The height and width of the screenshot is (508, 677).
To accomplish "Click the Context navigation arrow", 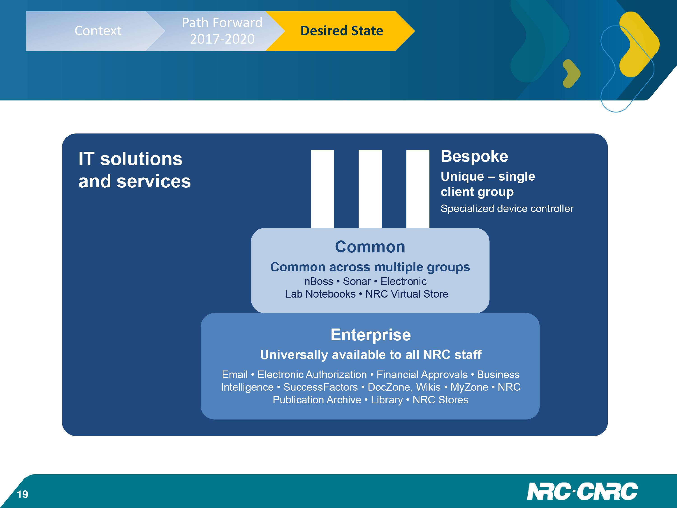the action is (x=95, y=31).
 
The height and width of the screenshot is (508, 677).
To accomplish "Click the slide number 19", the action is (x=23, y=494).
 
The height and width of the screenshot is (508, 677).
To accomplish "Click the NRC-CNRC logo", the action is (x=582, y=492).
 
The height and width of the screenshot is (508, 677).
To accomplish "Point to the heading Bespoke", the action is (x=474, y=156).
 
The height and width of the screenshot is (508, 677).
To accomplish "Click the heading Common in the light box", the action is (x=370, y=247).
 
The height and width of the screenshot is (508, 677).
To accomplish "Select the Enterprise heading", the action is (x=371, y=335).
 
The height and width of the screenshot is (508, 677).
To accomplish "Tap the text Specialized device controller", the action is (x=507, y=209).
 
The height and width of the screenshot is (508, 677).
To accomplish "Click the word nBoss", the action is (x=319, y=281).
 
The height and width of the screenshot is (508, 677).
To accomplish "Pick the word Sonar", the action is (x=357, y=281).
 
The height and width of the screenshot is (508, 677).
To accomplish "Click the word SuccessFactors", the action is (x=320, y=387).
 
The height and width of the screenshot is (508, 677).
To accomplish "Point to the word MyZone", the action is (x=469, y=387).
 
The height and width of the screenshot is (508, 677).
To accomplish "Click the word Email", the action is (x=235, y=375).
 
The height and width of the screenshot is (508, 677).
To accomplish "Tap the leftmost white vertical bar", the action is (x=322, y=189).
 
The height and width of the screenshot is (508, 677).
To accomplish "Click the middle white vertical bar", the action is (x=370, y=189).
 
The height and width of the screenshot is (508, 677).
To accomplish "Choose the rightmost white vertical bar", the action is (x=418, y=189).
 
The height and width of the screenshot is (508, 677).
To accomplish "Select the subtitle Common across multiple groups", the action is (x=370, y=267).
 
